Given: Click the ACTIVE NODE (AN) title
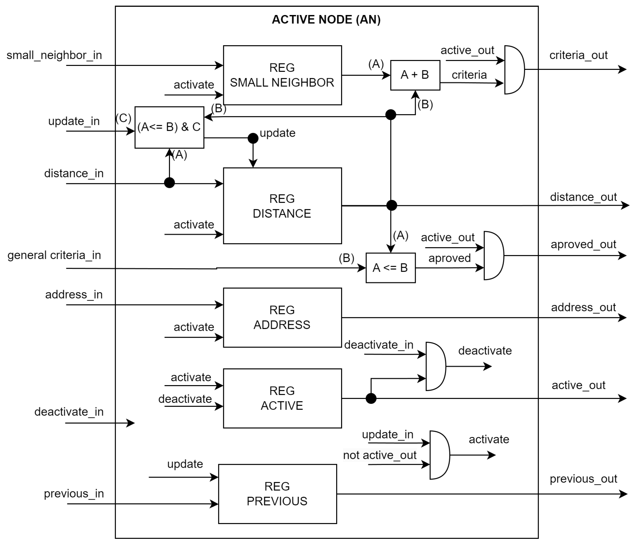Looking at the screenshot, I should coord(326,20).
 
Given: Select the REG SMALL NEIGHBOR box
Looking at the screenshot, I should coord(282,75).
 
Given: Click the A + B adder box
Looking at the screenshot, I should coord(415,75).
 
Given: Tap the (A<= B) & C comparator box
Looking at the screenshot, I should coord(169,127).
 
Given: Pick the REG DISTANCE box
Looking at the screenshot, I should coord(282,206).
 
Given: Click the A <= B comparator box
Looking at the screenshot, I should coord(390,268).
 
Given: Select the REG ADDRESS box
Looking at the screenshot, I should coord(282,317).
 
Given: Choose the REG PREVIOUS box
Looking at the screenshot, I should coord(277,494).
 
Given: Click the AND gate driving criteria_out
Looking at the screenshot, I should coord(514,70).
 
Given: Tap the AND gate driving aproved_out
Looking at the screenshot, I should coord(493,256).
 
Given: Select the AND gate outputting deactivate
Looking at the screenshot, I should coord(435,366).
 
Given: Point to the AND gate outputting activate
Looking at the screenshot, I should coord(439,455).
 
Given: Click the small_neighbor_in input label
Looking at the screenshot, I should coord(54,55).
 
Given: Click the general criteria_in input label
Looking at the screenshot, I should coord(54,255).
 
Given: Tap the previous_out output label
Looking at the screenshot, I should coord(583,479).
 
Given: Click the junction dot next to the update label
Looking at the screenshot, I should coord(253,138).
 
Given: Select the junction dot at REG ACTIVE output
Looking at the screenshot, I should coord(371,398).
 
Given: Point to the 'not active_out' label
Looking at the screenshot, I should coord(380,455).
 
